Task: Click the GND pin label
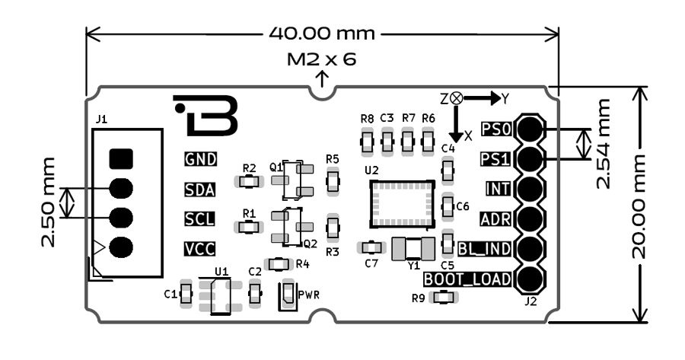(200, 159)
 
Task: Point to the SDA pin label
(199, 189)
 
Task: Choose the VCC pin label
(199, 248)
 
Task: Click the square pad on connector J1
(121, 158)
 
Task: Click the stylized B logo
(208, 114)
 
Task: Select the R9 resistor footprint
(441, 298)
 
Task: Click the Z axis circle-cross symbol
(455, 98)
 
